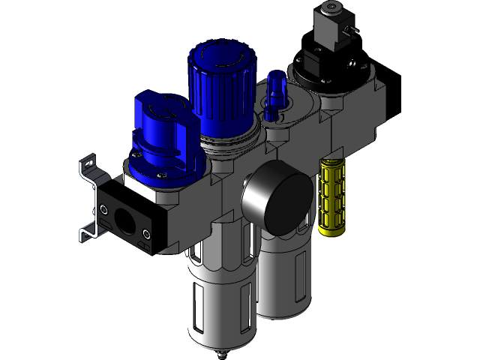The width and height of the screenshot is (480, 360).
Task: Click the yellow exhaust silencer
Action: click(x=334, y=196)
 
